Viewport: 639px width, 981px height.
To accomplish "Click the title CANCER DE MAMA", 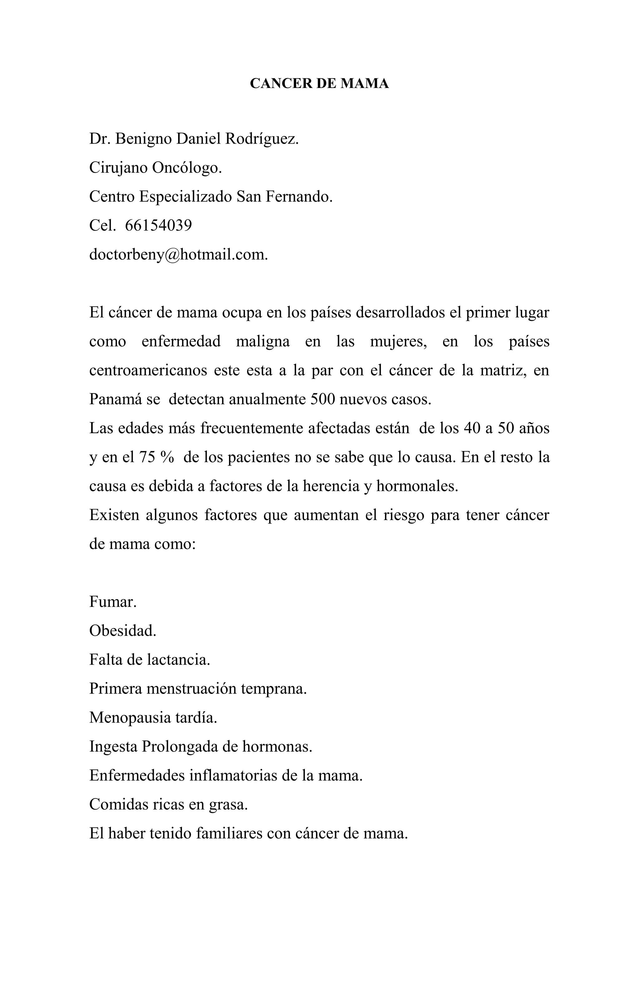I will click(319, 84).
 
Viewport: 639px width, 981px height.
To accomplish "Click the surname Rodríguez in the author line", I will click(261, 139).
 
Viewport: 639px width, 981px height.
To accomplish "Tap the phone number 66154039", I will click(158, 225).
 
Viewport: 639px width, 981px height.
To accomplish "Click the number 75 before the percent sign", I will click(147, 458).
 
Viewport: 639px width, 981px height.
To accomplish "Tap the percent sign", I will click(167, 458).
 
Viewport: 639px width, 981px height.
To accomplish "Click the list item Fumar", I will click(112, 602).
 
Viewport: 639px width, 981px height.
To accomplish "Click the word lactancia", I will click(178, 660).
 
